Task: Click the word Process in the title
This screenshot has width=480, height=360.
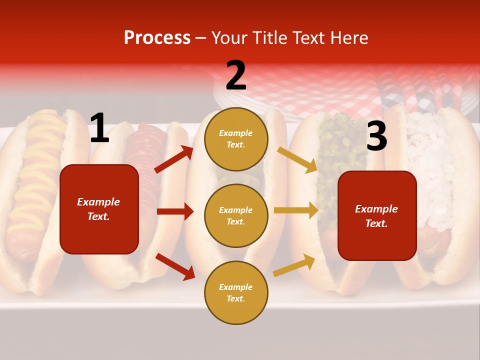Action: (x=157, y=38)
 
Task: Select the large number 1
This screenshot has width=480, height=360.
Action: (x=99, y=129)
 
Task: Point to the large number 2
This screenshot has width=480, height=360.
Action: (x=236, y=75)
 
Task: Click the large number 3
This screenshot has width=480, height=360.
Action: (x=376, y=136)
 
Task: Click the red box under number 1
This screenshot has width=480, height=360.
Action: (x=99, y=209)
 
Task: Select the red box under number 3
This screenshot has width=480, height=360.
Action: (x=377, y=215)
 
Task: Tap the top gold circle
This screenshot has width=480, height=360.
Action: (x=236, y=139)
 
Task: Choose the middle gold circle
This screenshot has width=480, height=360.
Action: (x=236, y=215)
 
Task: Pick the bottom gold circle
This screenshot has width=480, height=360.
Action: (x=236, y=292)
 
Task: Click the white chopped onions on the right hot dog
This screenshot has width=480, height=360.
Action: (x=430, y=160)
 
